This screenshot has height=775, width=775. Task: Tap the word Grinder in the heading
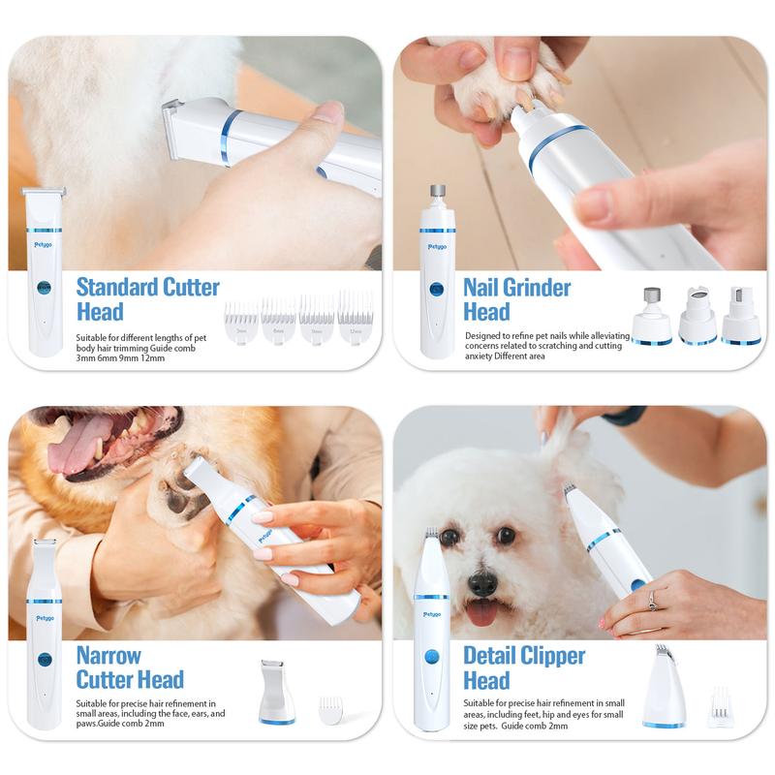coord(532,287)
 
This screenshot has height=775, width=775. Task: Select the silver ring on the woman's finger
coord(651,597)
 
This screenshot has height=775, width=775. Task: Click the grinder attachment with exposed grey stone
coord(652,315)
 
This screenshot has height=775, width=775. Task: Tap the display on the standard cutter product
coord(44,288)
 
